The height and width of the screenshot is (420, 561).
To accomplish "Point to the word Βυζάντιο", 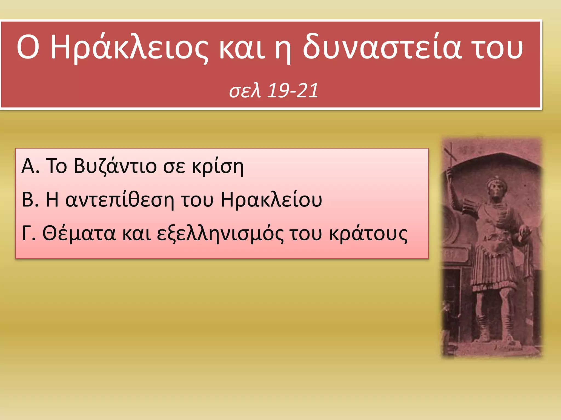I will click(115, 166).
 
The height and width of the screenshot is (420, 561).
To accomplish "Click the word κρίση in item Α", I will click(217, 166).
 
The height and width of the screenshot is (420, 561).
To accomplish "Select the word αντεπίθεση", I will click(120, 200).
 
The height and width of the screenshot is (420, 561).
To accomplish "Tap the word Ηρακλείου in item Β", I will click(271, 200).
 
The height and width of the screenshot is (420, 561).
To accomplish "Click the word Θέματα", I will click(79, 234).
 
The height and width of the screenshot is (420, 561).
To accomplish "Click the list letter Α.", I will click(28, 166).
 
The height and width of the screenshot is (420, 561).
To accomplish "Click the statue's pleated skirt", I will click(493, 271).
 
